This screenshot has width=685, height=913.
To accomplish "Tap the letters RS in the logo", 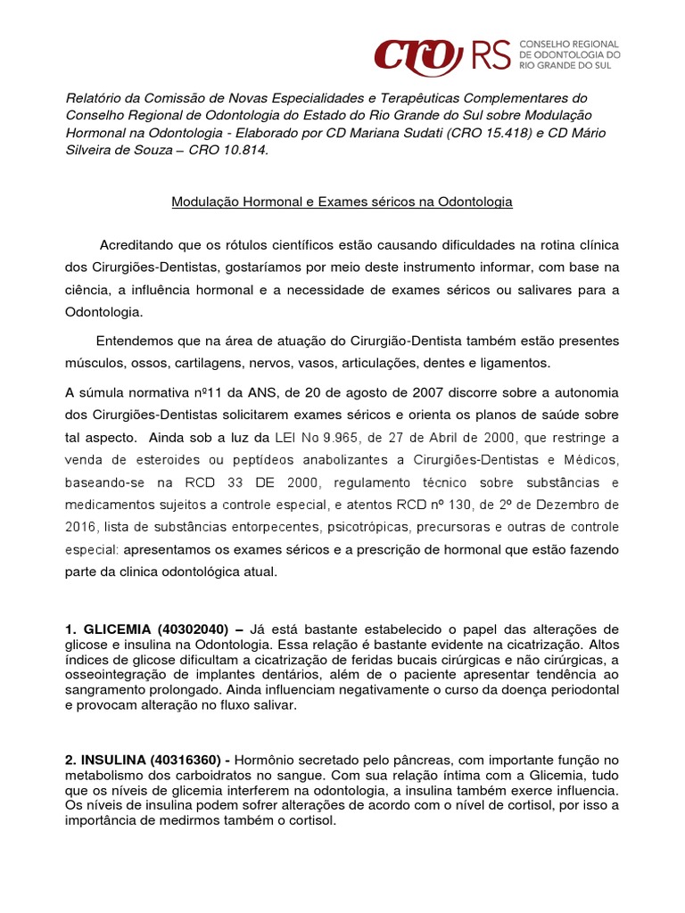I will (492, 55).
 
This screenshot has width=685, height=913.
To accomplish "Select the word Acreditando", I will (136, 244).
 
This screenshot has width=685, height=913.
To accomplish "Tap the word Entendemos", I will (131, 341).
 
